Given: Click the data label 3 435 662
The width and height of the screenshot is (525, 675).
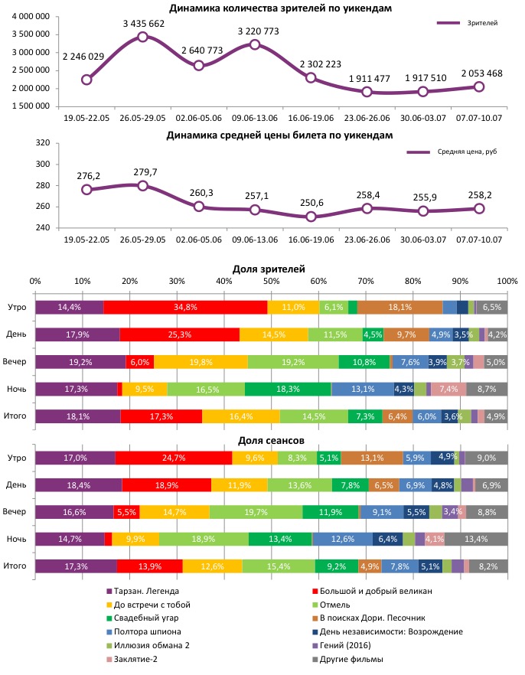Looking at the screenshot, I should [142, 24].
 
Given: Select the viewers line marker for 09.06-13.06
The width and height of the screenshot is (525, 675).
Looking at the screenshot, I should [255, 44].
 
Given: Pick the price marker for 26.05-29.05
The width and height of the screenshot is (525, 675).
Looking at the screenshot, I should [142, 186].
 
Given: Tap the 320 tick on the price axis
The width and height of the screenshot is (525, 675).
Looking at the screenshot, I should [43, 142].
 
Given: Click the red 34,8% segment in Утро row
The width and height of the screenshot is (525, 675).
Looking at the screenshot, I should [185, 307].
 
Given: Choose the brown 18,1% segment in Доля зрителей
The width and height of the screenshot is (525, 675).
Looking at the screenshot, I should [399, 307].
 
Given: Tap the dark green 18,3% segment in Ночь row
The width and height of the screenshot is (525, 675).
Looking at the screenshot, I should [288, 389].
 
